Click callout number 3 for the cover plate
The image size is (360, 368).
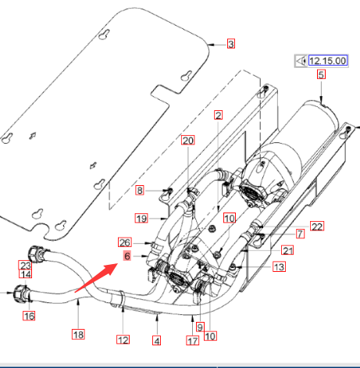coord(231,44)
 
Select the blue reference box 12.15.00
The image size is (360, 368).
coord(328,61)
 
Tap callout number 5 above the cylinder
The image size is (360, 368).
coord(321,75)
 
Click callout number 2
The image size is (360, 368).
coord(218,115)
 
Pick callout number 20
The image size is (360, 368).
coord(188,141)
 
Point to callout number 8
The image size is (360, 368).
coord(140,191)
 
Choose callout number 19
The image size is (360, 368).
coord(141,218)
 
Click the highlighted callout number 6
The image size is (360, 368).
coord(127,256)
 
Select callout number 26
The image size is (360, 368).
coord(125,242)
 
